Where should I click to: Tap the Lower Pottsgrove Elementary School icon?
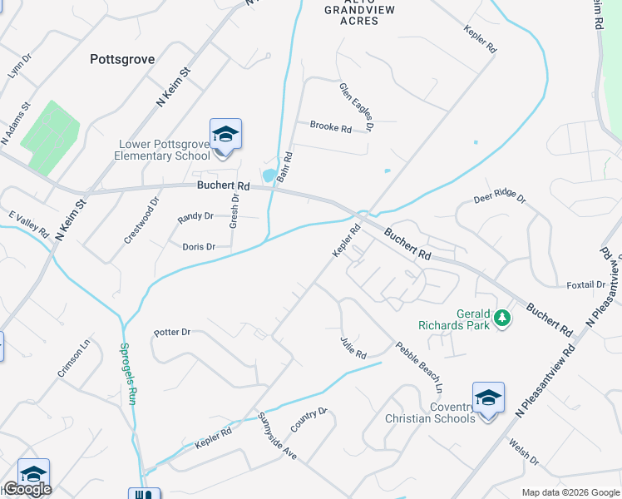(225, 134)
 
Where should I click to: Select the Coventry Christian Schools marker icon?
(488, 398)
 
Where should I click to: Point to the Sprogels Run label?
(128, 373)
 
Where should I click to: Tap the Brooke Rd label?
(330, 127)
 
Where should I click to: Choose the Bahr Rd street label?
(285, 167)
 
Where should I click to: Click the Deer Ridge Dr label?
(500, 198)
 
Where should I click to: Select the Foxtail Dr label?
(585, 284)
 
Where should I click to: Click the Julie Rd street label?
(353, 348)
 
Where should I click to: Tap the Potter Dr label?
(172, 332)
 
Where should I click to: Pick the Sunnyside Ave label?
(277, 437)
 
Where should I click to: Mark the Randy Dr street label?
(195, 217)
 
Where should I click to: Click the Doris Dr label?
(199, 247)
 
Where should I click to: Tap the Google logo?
(27, 489)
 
